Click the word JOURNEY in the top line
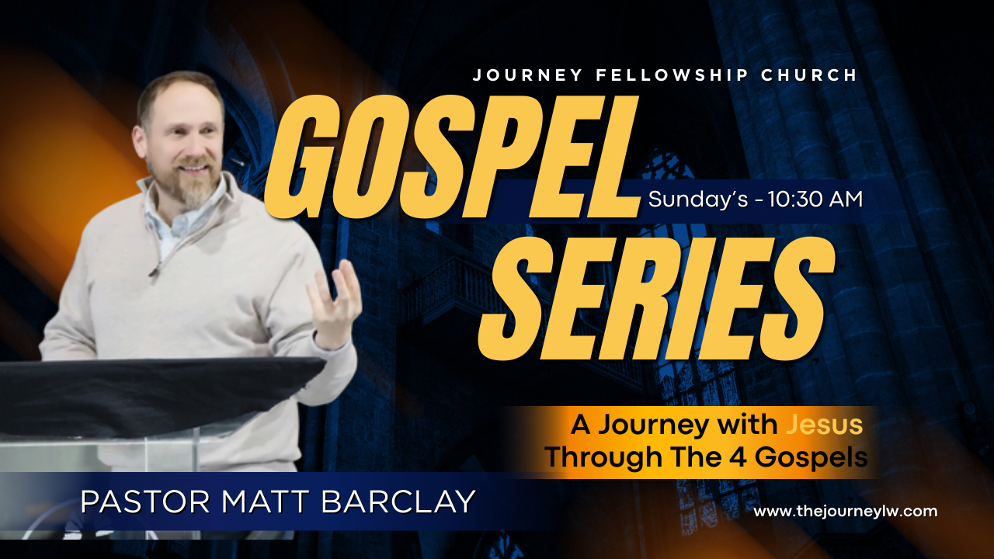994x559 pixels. [x=527, y=75]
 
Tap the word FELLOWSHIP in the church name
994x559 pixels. [x=673, y=75]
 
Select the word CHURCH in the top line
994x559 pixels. [x=809, y=75]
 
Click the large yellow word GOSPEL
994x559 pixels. [x=452, y=157]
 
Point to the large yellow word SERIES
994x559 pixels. [x=657, y=298]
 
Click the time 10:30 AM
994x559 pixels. [x=815, y=200]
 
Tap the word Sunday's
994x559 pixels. [x=698, y=200]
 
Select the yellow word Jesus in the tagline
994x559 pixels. [x=825, y=425]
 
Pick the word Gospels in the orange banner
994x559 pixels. [x=812, y=459]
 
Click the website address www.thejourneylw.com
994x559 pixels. [x=846, y=511]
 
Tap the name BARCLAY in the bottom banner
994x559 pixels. [x=398, y=502]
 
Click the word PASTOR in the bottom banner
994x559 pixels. [x=145, y=502]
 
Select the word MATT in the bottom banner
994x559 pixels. [x=265, y=502]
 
